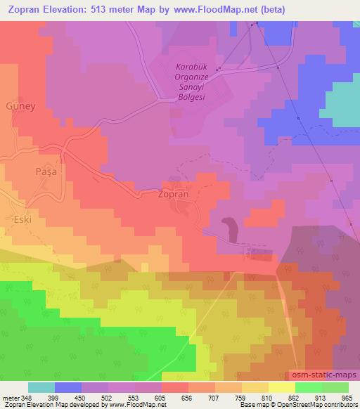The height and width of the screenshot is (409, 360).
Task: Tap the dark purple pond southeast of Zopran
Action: (x=229, y=226)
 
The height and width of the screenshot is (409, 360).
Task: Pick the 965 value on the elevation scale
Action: (x=347, y=397)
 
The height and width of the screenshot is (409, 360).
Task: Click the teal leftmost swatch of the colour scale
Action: (x=41, y=387)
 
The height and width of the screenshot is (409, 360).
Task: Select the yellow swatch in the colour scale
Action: (x=281, y=387)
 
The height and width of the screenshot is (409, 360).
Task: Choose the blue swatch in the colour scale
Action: (x=68, y=387)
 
